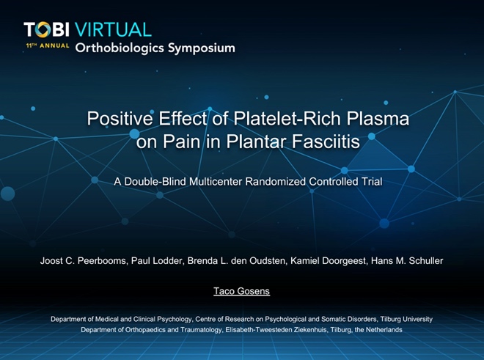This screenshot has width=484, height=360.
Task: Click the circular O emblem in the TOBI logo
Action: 43,29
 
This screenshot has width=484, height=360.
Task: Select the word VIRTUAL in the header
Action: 113,29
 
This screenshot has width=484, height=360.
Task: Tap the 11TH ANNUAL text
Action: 48,45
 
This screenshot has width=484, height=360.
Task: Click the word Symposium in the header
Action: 201,48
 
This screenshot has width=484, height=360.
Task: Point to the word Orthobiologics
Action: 120,48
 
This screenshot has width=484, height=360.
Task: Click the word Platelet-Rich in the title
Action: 287,118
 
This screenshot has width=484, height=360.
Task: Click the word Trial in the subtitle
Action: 373,182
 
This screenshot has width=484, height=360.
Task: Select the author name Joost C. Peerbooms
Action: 84,261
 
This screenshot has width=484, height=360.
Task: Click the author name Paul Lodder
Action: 157,261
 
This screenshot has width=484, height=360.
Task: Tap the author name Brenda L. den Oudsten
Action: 236,261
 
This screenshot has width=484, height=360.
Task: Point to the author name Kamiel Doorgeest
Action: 329,261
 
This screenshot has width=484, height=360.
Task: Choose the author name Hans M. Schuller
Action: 407,261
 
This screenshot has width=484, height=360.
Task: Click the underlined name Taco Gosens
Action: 242,291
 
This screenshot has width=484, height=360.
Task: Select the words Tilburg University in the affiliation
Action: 406,319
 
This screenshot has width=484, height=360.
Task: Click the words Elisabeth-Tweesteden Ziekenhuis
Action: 276,330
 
